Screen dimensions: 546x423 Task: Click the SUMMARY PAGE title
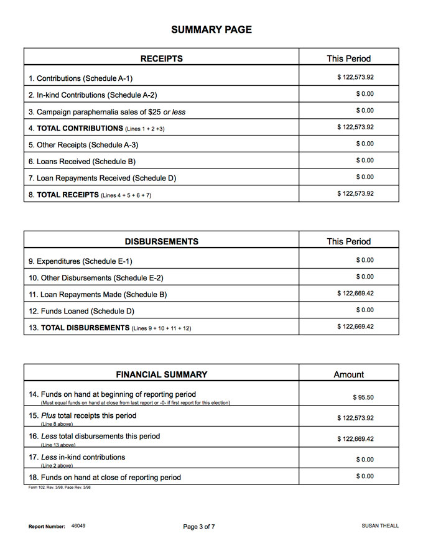(211, 30)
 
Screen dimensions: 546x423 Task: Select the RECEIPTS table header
(162, 58)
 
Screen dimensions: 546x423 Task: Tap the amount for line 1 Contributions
(355, 78)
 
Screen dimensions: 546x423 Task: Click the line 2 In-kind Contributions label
(93, 95)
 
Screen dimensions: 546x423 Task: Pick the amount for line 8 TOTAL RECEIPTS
(355, 193)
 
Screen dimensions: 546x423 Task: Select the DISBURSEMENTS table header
(162, 241)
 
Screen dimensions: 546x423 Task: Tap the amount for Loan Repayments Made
(355, 293)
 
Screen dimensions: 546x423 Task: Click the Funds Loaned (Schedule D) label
(81, 311)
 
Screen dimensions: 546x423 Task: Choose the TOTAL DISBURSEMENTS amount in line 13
(355, 326)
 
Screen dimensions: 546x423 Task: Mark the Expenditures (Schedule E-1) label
(80, 261)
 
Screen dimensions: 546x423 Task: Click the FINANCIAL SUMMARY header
(162, 374)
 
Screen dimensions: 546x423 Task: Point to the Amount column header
(349, 374)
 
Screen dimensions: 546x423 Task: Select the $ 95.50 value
(363, 397)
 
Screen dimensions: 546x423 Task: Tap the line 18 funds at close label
(105, 478)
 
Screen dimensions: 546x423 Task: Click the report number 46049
(78, 526)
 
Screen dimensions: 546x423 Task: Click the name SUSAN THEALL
(380, 526)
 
